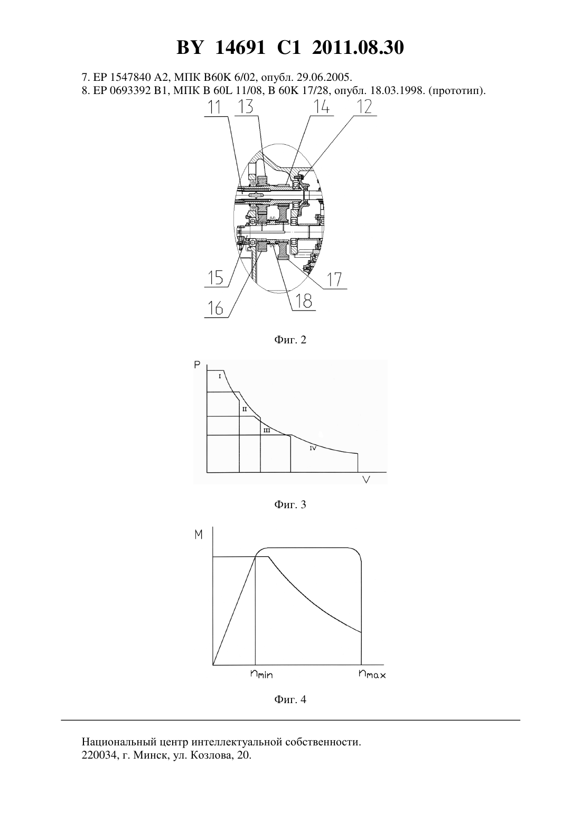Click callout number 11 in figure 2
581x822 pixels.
click(x=215, y=107)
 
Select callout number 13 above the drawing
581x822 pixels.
click(x=246, y=107)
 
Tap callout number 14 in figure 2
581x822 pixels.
click(x=321, y=107)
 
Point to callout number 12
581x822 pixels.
click(x=364, y=107)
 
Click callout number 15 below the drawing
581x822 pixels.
click(x=215, y=277)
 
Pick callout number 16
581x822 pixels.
click(x=215, y=308)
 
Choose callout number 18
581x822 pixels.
click(x=303, y=301)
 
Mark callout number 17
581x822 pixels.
click(x=334, y=279)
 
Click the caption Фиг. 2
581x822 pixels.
click(x=290, y=340)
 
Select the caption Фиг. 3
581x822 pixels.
click(x=290, y=505)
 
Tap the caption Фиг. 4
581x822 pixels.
click(x=290, y=699)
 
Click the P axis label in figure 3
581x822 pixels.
click(x=198, y=365)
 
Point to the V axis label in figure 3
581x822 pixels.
click(x=366, y=479)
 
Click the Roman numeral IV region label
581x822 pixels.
click(x=313, y=448)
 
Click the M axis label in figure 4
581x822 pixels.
click(x=199, y=535)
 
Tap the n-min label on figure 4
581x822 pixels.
click(x=261, y=674)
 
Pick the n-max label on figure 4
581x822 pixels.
click(x=372, y=674)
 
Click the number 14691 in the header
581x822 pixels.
click(x=240, y=48)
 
